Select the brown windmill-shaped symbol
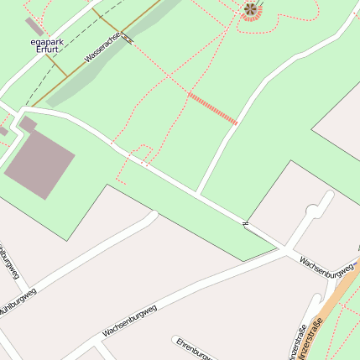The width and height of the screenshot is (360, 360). point(249,9)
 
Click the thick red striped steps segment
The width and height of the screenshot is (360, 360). point(212,109)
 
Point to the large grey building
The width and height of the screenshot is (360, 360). point(39,164)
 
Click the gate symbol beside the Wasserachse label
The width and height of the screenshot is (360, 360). point(127,38)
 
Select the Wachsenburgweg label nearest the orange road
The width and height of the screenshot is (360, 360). point(328,267)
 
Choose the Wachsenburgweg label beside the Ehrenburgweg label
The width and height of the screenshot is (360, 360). point(132,320)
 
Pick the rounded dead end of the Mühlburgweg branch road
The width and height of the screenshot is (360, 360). point(153,215)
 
